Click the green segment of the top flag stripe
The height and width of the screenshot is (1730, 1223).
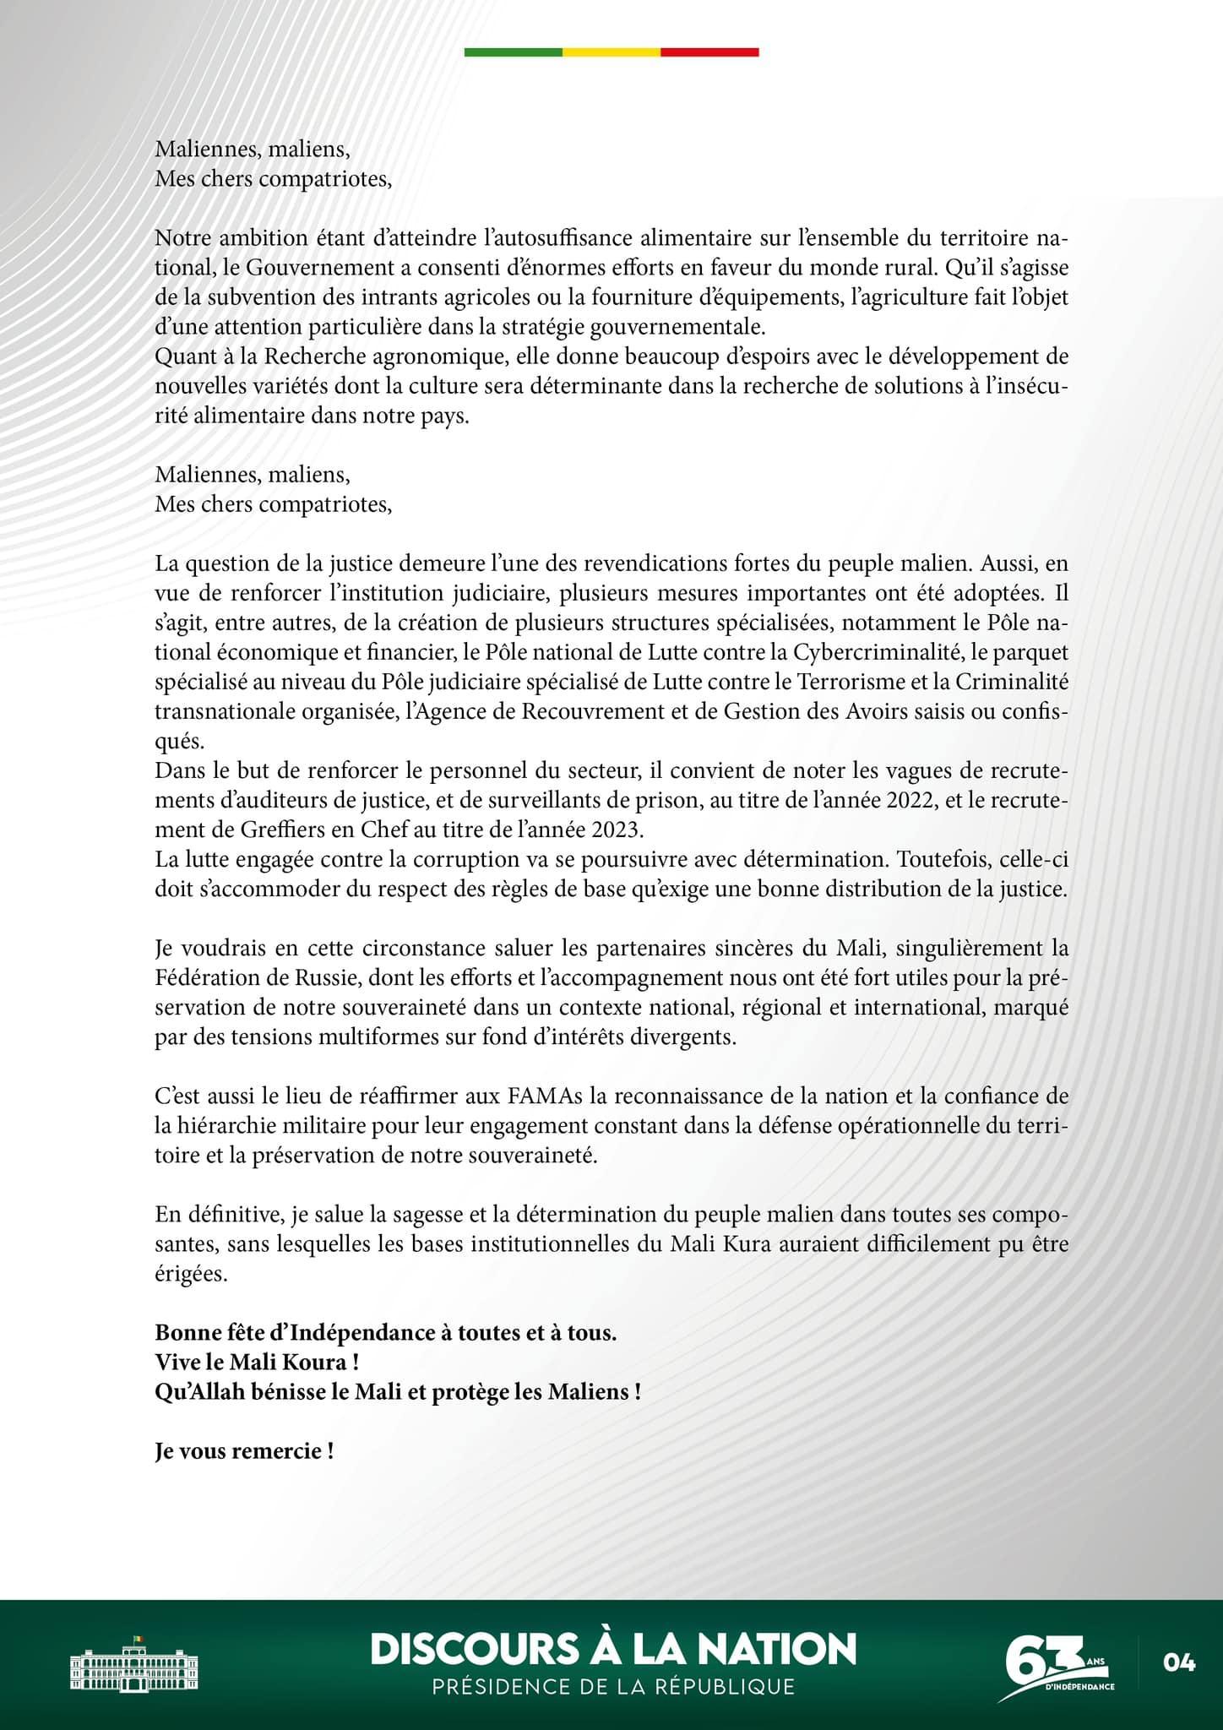pyautogui.click(x=514, y=52)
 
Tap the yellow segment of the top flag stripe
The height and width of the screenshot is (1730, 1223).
pyautogui.click(x=611, y=52)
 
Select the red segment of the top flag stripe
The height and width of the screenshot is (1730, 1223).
pyautogui.click(x=709, y=52)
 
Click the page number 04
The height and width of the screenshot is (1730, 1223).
pyautogui.click(x=1179, y=1662)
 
